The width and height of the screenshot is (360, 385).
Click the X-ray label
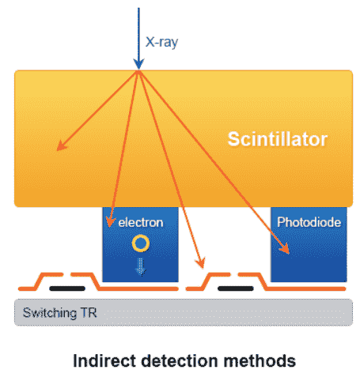coord(161,42)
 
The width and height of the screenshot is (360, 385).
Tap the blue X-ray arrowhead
coord(138,64)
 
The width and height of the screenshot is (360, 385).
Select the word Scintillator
coord(278,139)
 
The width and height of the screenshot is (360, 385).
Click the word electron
coord(141,223)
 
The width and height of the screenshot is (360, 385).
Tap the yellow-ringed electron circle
coord(141,243)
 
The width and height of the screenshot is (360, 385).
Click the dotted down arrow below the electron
coord(141,266)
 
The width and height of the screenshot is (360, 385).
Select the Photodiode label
coord(309,222)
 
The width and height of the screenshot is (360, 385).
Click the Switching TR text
coord(60,313)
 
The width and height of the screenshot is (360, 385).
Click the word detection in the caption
coord(180,360)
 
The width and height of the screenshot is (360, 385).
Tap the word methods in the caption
coord(260,360)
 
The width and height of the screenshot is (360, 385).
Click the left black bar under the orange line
coord(67,289)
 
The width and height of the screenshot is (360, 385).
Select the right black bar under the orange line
coord(236,289)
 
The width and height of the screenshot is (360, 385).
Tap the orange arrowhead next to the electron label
coord(110,221)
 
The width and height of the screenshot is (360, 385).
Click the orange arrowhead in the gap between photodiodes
coord(200,262)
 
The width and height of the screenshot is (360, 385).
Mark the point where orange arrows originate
coord(138,71)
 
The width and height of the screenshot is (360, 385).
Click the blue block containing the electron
coord(140,244)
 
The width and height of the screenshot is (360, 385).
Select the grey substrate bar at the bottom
coord(184,312)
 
